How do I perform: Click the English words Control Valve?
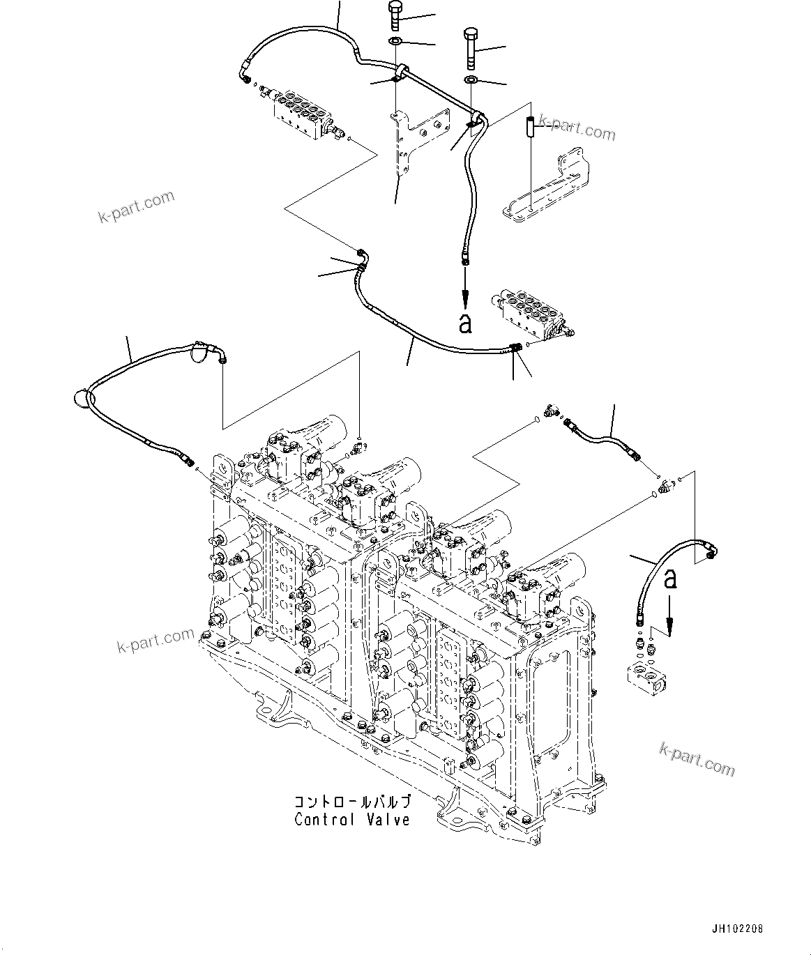tap(352, 820)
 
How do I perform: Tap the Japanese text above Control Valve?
tap(352, 802)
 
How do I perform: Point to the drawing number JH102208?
tap(738, 929)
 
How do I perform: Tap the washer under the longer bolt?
tap(471, 79)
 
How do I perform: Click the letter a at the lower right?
tap(670, 578)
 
